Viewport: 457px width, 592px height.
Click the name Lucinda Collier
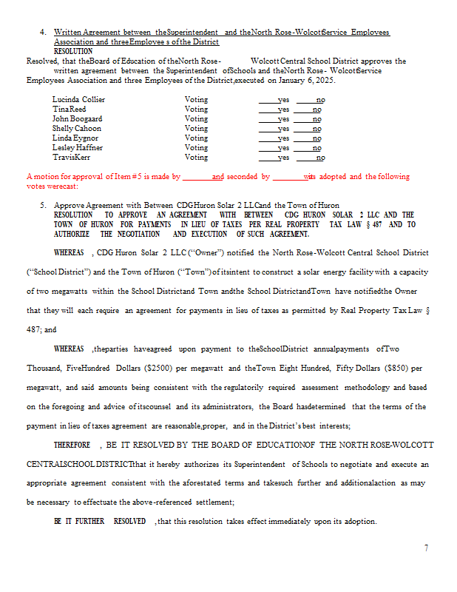click(x=78, y=99)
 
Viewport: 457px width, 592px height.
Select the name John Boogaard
click(x=77, y=118)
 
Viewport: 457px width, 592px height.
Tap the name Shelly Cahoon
click(x=76, y=128)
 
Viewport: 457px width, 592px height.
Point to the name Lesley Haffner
click(x=78, y=147)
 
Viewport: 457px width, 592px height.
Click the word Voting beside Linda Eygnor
click(x=196, y=138)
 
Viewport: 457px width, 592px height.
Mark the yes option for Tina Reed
click(x=283, y=109)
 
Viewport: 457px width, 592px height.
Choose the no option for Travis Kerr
click(x=320, y=157)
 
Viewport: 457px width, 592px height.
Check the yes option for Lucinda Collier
click(x=283, y=99)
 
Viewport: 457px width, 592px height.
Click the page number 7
click(x=426, y=548)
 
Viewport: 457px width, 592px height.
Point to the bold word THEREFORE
click(x=72, y=445)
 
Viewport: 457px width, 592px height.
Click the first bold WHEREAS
click(x=69, y=252)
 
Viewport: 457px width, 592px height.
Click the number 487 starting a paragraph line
click(x=35, y=329)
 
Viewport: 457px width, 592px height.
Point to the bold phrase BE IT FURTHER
click(x=78, y=522)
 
